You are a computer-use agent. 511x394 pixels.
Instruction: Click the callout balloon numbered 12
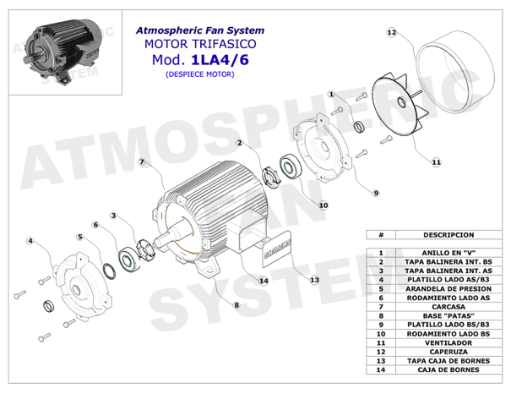tap(391, 32)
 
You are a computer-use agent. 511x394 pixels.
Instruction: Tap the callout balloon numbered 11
tap(436, 161)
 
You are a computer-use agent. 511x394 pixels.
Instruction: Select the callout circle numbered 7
tap(142, 161)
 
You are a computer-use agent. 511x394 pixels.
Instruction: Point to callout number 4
tap(30, 241)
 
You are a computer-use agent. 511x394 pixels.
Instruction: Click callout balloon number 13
tap(314, 279)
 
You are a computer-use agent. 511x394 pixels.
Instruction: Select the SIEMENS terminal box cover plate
tap(280, 250)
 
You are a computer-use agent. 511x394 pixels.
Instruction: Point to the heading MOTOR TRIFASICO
tap(195, 42)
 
